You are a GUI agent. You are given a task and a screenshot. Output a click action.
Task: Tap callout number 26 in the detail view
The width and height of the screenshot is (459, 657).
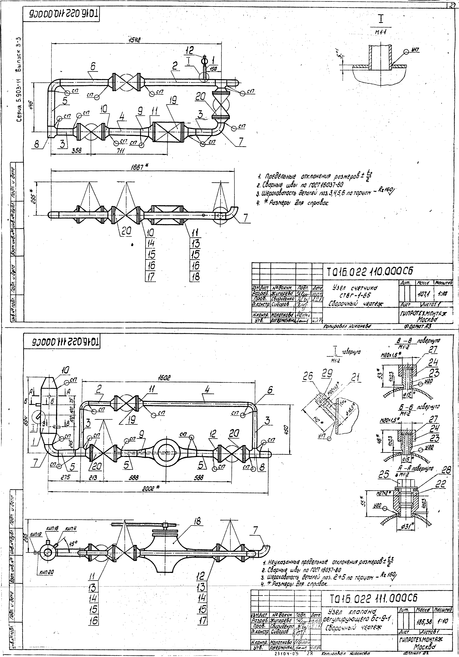309,376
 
